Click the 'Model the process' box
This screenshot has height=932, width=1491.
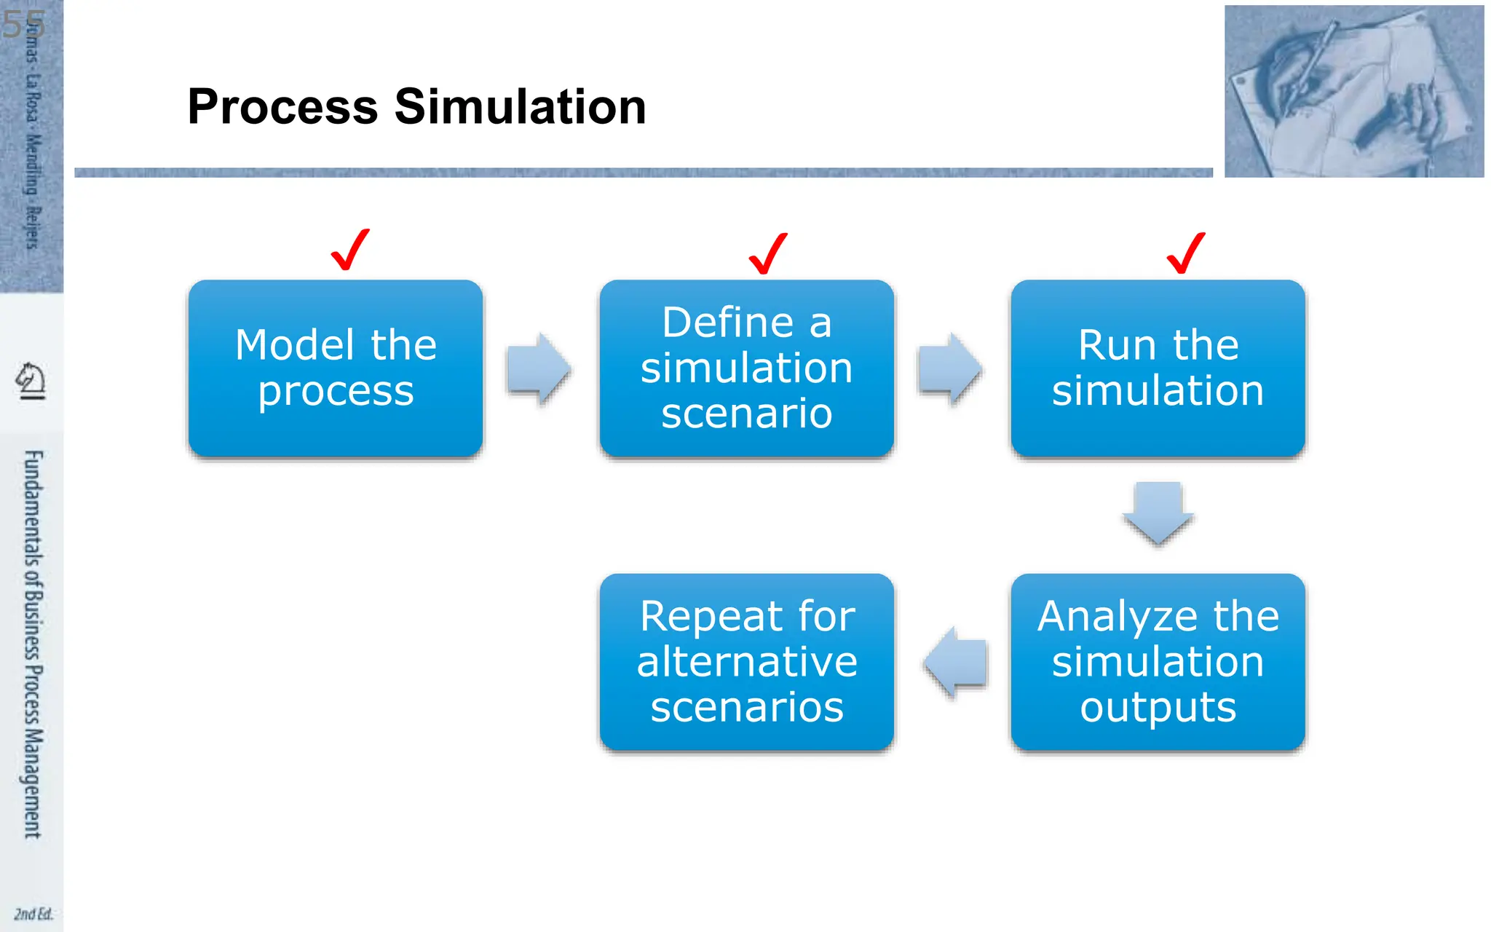[336, 368]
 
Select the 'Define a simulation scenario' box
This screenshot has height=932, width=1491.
[746, 368]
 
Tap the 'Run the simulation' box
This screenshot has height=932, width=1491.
[1158, 368]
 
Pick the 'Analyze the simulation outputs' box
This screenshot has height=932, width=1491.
[1158, 662]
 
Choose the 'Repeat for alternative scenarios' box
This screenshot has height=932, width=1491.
[746, 662]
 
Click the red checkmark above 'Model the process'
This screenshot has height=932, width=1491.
[350, 250]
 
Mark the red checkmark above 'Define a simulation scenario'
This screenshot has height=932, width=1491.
[768, 254]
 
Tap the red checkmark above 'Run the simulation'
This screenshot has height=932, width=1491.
[1186, 253]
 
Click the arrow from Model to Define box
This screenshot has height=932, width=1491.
[539, 368]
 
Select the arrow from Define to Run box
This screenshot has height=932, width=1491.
[950, 369]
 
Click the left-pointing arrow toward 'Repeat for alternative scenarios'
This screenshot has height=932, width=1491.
[956, 662]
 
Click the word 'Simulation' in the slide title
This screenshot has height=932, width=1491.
[520, 107]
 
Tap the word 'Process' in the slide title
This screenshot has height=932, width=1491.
[282, 107]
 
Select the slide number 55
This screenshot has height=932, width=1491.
[23, 25]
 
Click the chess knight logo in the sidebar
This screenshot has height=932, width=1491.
[31, 381]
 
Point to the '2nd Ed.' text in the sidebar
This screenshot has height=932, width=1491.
[33, 914]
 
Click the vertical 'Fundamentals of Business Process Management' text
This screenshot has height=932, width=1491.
[33, 644]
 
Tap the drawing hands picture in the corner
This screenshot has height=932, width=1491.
[1353, 91]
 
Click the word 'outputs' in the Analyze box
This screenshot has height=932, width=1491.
[1158, 707]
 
